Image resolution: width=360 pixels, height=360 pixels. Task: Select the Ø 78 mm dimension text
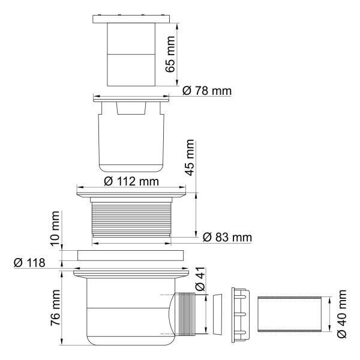[x=206, y=91]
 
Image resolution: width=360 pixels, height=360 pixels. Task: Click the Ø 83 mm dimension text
[x=226, y=237]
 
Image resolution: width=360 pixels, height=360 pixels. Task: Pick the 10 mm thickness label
[x=55, y=229]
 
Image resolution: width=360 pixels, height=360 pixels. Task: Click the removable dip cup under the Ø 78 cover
[x=130, y=138]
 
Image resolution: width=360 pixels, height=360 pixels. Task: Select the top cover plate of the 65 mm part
[x=131, y=19]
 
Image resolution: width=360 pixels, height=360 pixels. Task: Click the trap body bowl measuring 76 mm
[x=120, y=312]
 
